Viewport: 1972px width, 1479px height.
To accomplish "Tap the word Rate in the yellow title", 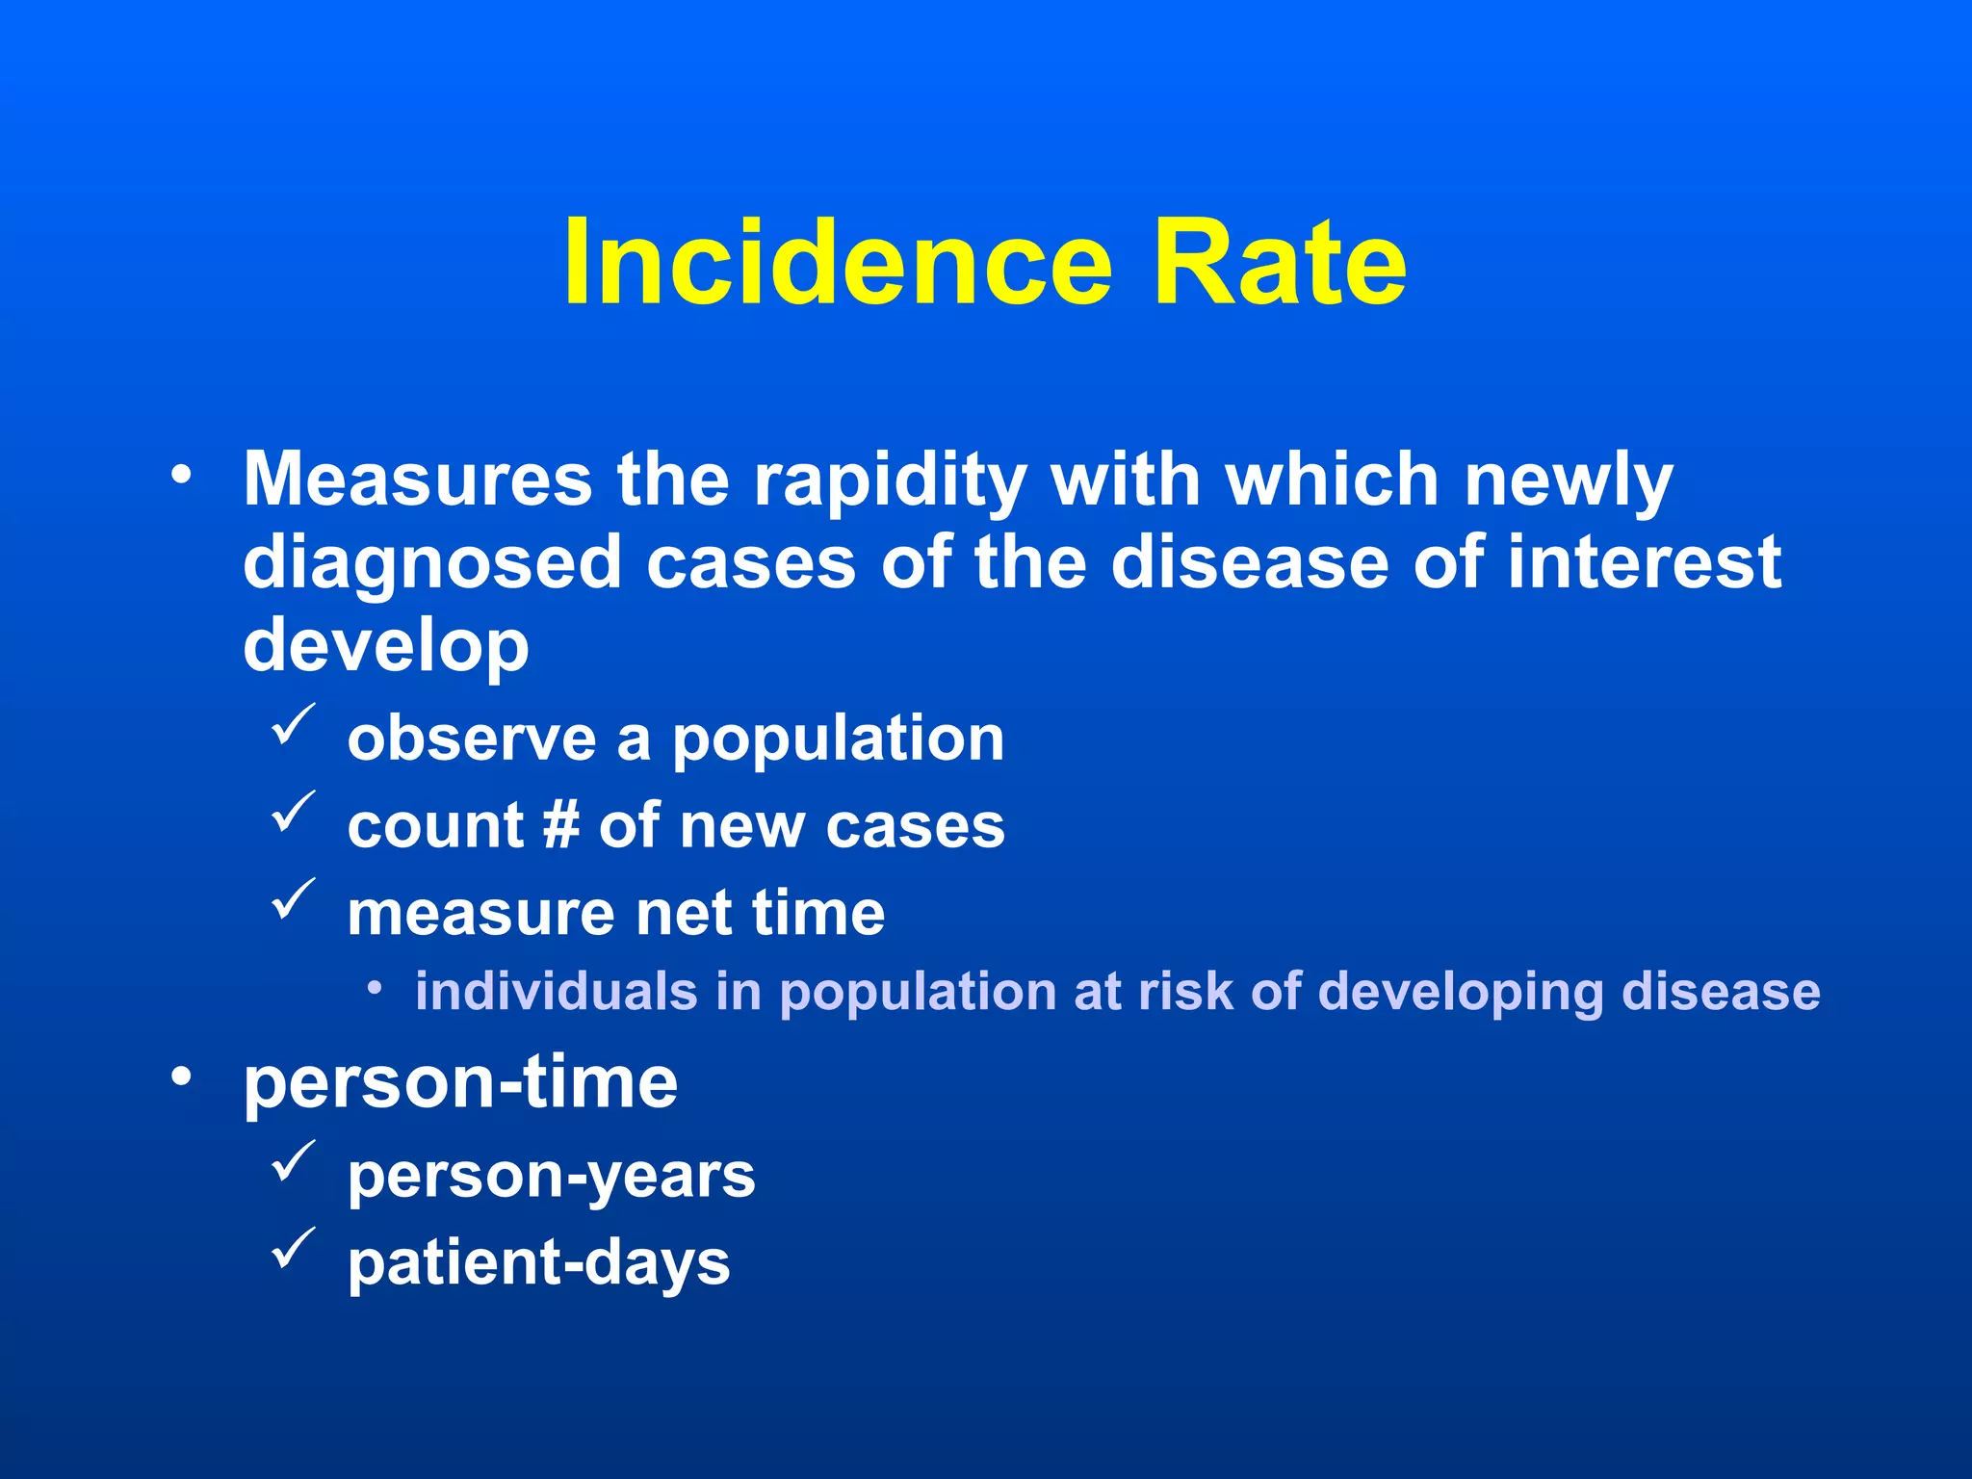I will [x=1280, y=262].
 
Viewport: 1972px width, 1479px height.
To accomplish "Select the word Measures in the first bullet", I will [x=417, y=479].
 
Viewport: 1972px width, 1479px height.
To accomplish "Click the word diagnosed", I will [x=432, y=564].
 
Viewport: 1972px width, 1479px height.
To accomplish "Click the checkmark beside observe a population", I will [x=293, y=725].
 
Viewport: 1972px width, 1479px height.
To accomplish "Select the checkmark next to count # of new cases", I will [x=293, y=812].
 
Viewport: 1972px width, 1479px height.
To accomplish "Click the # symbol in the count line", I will [x=560, y=826].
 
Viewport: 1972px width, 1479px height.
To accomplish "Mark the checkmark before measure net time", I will [x=293, y=898].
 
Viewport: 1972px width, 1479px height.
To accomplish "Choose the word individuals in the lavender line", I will [x=556, y=991].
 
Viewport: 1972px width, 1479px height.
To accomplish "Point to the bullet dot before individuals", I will [x=375, y=988].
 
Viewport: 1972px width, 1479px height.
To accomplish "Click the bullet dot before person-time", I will [x=181, y=1077].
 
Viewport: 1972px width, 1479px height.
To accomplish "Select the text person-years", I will [x=551, y=1176].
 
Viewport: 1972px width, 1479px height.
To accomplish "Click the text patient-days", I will [x=538, y=1263].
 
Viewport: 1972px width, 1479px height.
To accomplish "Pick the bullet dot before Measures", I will [x=181, y=475].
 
